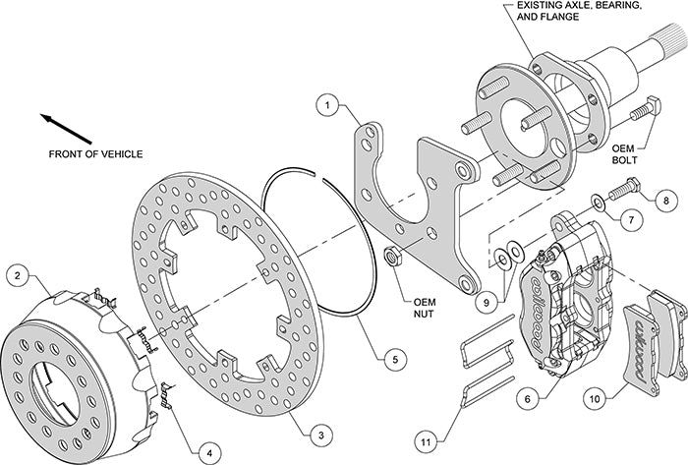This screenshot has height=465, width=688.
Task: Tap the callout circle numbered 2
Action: pos(16,276)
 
